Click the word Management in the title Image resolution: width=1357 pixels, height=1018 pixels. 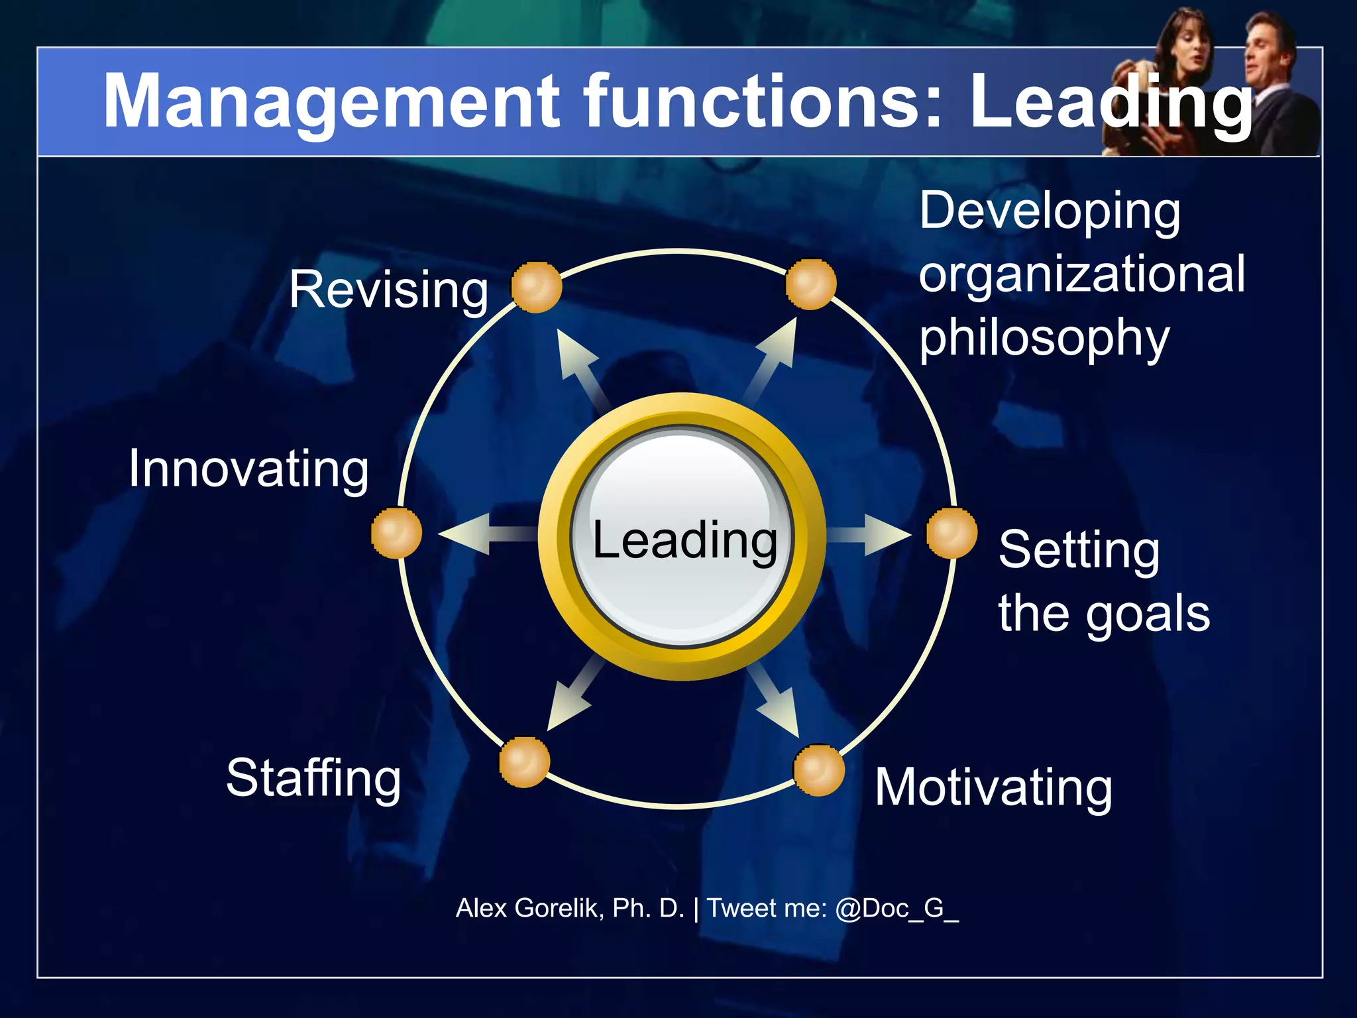[331, 103]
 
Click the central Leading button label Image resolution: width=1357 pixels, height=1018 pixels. [684, 540]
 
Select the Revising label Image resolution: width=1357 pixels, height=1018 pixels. [389, 290]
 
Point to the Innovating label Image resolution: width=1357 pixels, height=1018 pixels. [248, 469]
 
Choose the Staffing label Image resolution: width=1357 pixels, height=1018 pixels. [313, 779]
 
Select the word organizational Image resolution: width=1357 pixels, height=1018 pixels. [1081, 274]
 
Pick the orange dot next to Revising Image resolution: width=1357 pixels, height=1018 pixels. [537, 287]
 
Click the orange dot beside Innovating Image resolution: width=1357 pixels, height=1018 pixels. [396, 533]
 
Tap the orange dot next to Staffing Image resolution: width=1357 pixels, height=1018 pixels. [524, 762]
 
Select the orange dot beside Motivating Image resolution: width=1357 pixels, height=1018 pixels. [819, 770]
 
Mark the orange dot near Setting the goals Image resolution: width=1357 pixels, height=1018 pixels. [951, 534]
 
